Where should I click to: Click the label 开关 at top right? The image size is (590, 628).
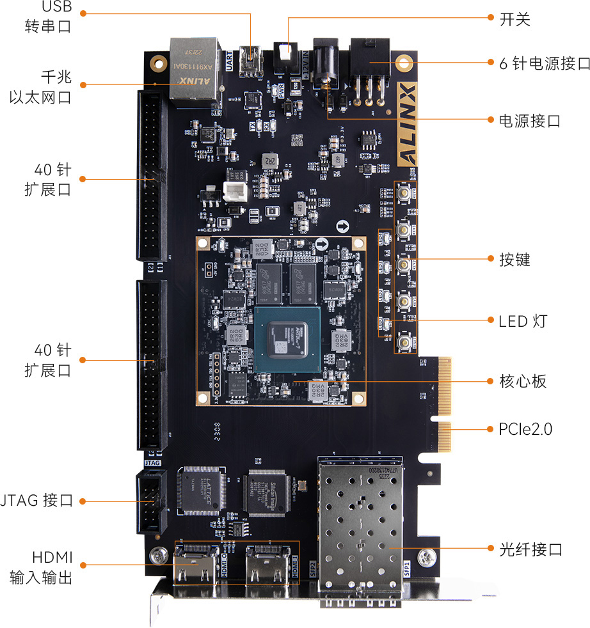[x=515, y=19]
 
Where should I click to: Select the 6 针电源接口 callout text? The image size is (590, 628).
[x=544, y=63]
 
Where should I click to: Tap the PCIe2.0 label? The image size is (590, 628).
[x=525, y=429]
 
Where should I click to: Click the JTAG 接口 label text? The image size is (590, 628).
[x=37, y=501]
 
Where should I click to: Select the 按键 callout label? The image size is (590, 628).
[x=514, y=260]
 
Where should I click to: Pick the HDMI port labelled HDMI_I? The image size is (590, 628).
[x=269, y=567]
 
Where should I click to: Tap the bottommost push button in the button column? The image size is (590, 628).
[x=404, y=341]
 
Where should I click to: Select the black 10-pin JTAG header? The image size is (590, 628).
[x=150, y=502]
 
